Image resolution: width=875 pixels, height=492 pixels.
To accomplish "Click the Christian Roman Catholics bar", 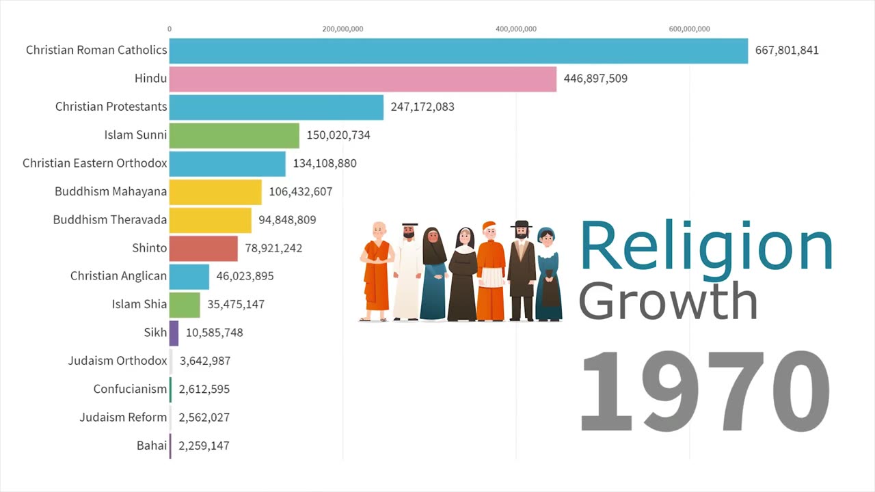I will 458,51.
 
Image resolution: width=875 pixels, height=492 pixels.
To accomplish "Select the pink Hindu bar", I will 362,79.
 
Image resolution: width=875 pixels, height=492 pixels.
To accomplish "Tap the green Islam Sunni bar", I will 234,135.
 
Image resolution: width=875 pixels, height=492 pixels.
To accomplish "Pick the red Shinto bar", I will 203,248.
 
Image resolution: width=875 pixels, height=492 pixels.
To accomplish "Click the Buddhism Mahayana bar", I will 215,192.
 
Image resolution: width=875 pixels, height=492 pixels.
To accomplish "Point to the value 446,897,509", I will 595,79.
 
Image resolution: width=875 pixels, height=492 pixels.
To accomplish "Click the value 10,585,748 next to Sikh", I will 214,333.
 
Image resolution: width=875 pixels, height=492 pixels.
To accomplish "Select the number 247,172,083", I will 422,107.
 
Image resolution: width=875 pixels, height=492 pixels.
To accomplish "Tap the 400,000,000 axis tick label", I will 516,29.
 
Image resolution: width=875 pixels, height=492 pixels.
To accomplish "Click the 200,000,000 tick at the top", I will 342,29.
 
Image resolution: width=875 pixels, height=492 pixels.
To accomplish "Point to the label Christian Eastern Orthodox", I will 94,163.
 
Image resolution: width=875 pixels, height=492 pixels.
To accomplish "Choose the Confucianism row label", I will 130,389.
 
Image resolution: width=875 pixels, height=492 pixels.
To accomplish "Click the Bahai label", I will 151,446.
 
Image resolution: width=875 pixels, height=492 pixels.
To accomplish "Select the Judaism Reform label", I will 123,418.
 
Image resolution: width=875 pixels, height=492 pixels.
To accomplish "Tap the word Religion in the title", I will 705,247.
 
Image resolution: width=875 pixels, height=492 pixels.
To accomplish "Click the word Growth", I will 668,301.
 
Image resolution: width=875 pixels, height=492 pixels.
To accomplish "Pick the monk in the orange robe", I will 377,271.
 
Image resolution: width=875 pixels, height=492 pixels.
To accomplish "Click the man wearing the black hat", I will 522,271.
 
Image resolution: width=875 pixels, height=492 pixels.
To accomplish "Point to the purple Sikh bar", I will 174,333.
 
